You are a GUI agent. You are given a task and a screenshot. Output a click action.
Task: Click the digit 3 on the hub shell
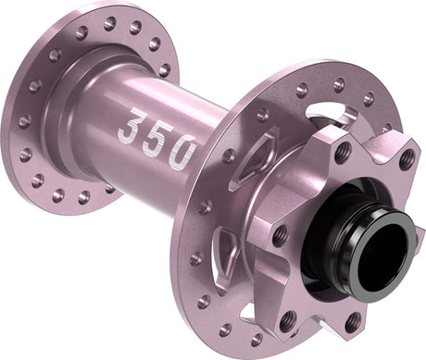tap(135, 126)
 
